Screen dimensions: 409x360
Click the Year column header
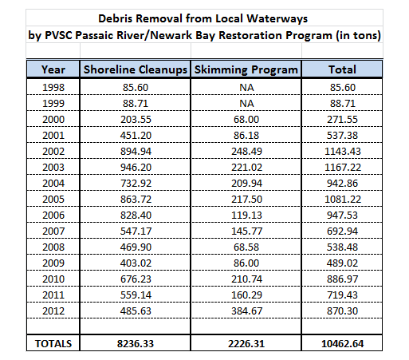pos(53,69)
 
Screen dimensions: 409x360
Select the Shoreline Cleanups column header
pos(136,70)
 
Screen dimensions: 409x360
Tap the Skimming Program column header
pos(246,70)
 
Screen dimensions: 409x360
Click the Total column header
pos(342,69)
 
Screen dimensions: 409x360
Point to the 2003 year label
pos(53,168)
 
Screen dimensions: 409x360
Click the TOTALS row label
pos(53,343)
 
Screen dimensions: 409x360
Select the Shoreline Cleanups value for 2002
pos(136,152)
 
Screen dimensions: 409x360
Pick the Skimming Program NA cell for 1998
pos(246,88)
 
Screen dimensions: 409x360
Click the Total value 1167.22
pos(343,168)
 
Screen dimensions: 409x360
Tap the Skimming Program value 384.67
pos(246,311)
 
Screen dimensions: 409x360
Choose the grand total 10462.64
pos(342,343)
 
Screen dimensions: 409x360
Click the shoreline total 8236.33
pos(136,343)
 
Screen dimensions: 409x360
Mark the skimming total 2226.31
pos(246,343)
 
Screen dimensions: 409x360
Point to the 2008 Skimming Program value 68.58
pos(246,247)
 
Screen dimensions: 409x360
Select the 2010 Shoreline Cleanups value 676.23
pos(136,279)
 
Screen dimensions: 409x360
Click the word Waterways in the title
pos(277,18)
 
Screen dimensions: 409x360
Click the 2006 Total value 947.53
pos(342,216)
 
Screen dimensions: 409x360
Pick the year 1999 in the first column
pos(53,104)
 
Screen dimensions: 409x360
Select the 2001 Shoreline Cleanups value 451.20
pos(136,136)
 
